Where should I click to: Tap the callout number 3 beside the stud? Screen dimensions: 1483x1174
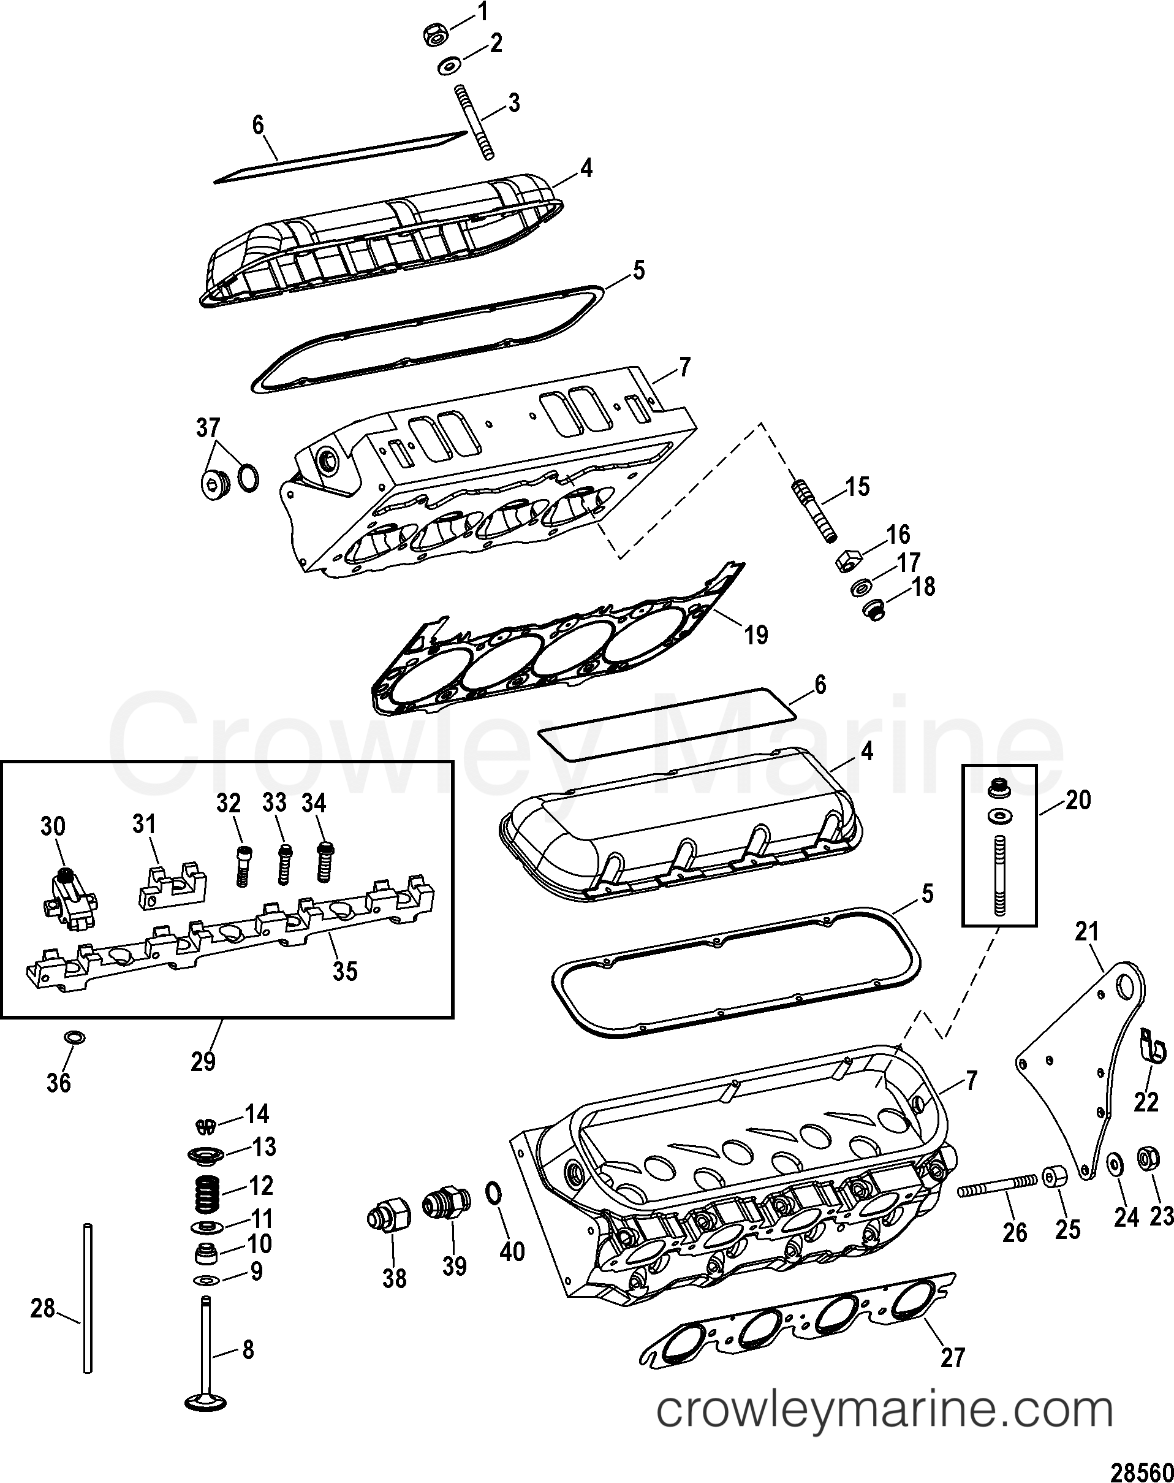click(513, 102)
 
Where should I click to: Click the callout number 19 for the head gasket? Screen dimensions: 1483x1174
click(756, 634)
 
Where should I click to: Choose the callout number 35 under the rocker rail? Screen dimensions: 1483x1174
click(345, 971)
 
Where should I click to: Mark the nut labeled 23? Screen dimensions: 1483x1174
click(1149, 1160)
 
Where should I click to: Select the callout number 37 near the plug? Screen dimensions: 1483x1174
click(208, 428)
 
